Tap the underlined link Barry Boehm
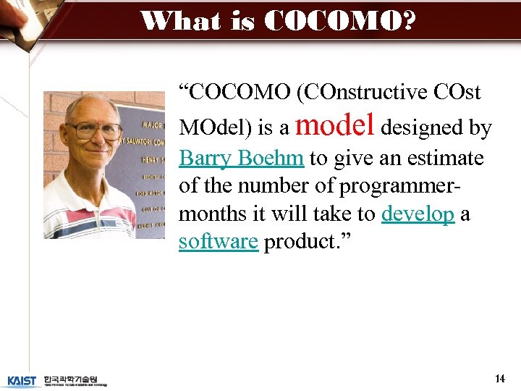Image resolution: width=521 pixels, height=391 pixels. [242, 159]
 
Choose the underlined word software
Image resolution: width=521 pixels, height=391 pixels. [218, 242]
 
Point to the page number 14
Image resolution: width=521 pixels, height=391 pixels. [499, 379]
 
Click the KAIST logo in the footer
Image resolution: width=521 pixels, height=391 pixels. [22, 380]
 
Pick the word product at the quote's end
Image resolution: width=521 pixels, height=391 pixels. [299, 242]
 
